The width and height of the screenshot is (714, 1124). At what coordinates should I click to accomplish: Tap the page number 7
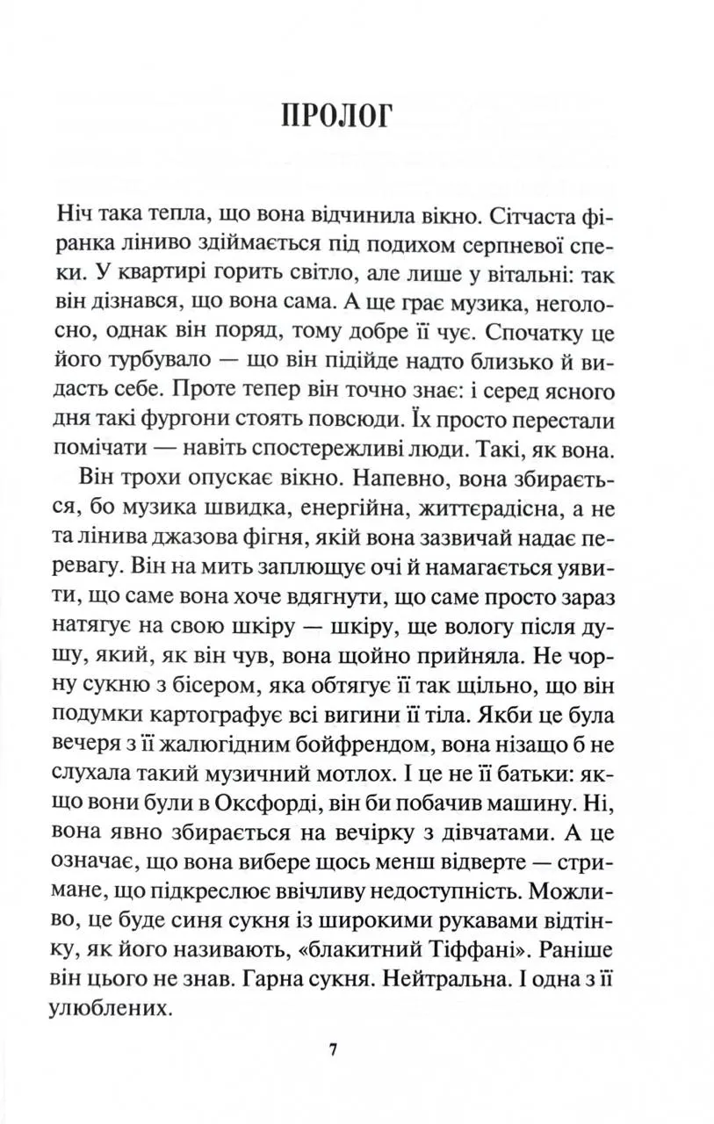click(332, 1051)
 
